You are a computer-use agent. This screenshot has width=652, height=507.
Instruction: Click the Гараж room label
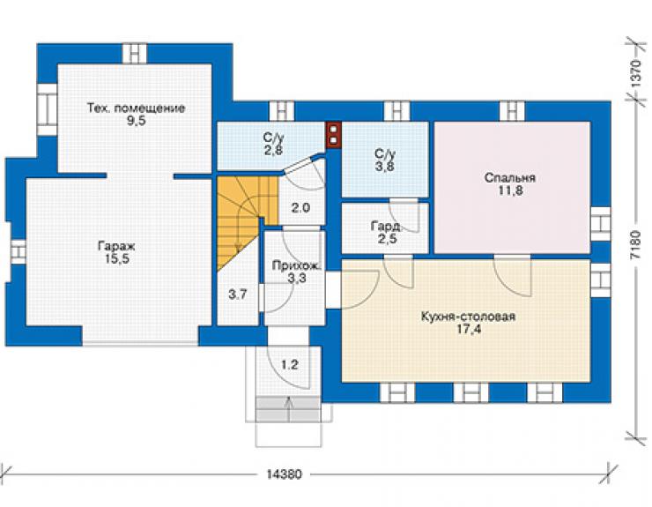(x=116, y=246)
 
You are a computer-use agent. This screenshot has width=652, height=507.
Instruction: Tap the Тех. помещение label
(x=137, y=108)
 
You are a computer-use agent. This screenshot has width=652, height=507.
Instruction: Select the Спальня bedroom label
(x=510, y=178)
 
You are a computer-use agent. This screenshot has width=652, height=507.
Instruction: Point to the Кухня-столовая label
(x=468, y=317)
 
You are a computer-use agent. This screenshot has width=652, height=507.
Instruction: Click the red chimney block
(x=333, y=134)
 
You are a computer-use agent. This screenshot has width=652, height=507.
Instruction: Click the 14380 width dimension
(x=284, y=474)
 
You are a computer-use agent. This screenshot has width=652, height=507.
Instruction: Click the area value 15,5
(x=117, y=259)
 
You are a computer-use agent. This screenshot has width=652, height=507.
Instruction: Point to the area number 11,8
(x=510, y=190)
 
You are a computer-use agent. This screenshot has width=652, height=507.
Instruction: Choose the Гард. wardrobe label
(x=386, y=227)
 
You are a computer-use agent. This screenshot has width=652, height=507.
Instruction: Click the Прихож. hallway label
(x=296, y=265)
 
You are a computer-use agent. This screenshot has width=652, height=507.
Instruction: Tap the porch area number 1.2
(x=290, y=365)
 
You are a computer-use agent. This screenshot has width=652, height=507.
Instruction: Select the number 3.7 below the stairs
(x=237, y=295)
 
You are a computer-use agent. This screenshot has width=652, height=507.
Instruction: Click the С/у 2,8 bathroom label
(x=273, y=143)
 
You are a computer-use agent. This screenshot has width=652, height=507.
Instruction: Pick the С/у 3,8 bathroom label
(x=385, y=160)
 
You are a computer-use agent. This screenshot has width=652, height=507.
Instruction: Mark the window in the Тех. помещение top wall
(x=135, y=53)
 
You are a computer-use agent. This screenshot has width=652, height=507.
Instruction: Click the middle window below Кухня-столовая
(x=470, y=392)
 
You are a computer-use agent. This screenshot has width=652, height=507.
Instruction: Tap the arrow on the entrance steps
(x=289, y=410)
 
